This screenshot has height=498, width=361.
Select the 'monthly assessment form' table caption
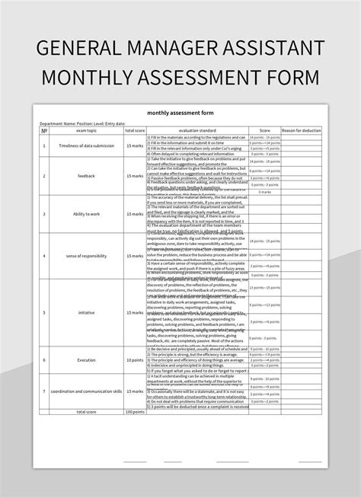point(181,115)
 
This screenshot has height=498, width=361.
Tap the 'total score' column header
point(135,130)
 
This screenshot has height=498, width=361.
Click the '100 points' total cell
point(135,410)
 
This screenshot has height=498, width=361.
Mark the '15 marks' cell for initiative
point(135,312)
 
